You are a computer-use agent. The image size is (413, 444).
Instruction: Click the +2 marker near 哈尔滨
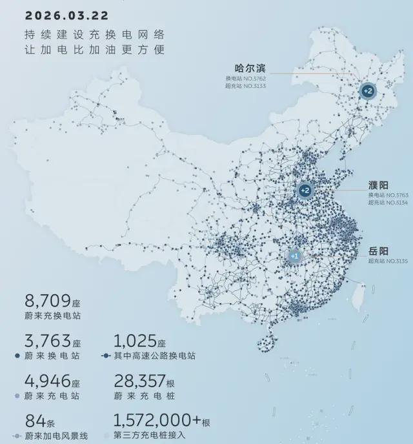click(367, 92)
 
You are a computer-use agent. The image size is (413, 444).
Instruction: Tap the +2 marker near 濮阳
click(305, 190)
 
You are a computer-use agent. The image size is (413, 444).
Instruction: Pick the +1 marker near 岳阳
click(294, 256)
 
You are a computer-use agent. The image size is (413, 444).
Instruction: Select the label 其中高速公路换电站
click(155, 356)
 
